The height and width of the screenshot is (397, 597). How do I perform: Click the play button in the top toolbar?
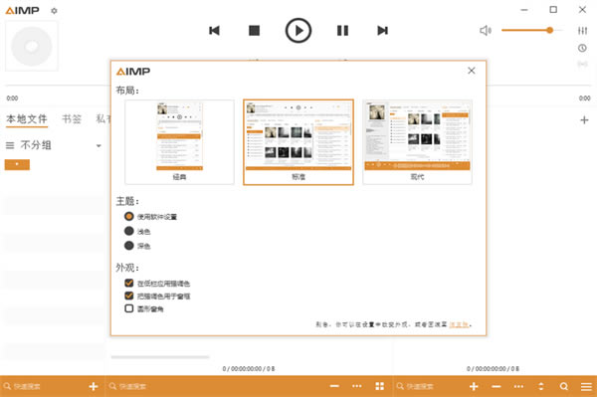(298, 30)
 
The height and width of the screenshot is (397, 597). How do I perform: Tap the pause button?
(342, 31)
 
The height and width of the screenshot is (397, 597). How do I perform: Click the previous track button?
(214, 31)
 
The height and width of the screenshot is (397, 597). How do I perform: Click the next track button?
(382, 31)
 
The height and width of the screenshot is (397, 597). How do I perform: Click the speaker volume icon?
(486, 30)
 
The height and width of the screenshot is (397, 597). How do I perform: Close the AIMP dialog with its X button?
(472, 70)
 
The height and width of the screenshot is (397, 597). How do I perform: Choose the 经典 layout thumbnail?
(179, 141)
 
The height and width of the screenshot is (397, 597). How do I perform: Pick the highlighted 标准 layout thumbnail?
(298, 141)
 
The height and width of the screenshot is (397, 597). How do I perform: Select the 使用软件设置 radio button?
(128, 216)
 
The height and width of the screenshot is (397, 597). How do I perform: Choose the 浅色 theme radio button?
(128, 231)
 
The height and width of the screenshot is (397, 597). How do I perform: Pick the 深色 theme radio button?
(128, 245)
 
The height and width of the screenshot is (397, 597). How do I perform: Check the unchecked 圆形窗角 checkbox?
(128, 308)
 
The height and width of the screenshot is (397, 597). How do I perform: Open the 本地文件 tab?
(27, 118)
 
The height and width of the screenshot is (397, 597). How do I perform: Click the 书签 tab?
(71, 118)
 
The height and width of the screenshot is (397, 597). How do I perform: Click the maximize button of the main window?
(553, 9)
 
